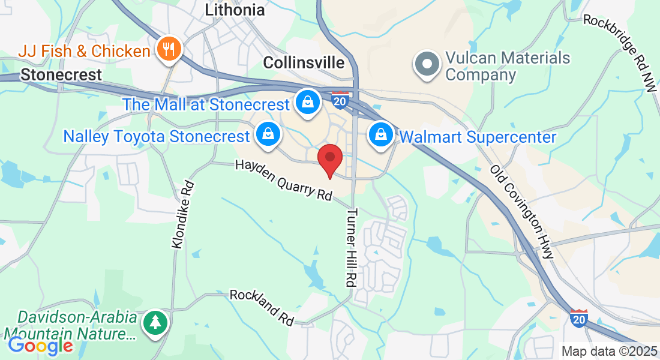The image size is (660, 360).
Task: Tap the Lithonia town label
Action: pyautogui.click(x=235, y=10)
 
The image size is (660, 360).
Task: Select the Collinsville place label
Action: pyautogui.click(x=304, y=63)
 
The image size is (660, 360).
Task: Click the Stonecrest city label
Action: pyautogui.click(x=61, y=75)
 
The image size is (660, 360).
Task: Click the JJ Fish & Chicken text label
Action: pyautogui.click(x=84, y=51)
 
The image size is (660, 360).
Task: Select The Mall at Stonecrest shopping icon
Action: pyautogui.click(x=307, y=103)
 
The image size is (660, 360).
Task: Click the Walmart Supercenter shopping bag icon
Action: pyautogui.click(x=381, y=136)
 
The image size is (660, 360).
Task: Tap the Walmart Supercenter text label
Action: pyautogui.click(x=478, y=137)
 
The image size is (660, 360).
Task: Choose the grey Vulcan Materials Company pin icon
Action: pyautogui.click(x=428, y=64)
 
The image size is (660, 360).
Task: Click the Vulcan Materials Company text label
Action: pyautogui.click(x=507, y=67)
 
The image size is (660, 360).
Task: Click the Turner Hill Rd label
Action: pyautogui.click(x=352, y=247)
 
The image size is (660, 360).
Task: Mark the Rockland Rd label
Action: pyautogui.click(x=262, y=307)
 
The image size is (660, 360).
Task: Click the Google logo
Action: pyautogui.click(x=40, y=346)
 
